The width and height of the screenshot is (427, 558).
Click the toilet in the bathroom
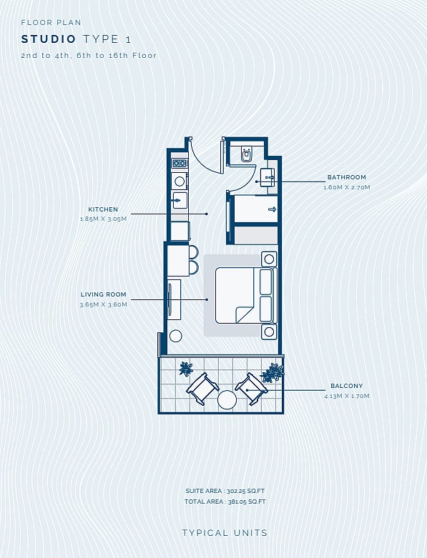(x=246, y=153)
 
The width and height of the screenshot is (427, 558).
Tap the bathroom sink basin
(x=268, y=177)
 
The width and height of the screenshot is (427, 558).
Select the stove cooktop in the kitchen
(x=180, y=164)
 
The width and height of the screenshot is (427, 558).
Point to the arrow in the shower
(x=272, y=209)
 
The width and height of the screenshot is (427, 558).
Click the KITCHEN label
(x=103, y=209)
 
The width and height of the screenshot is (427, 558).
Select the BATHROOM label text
(x=346, y=177)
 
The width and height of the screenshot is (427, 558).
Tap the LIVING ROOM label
(x=103, y=294)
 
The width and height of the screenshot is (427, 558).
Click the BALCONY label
(x=346, y=386)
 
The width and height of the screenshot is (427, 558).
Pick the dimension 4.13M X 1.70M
(x=346, y=396)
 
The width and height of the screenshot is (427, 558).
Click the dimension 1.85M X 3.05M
(x=103, y=219)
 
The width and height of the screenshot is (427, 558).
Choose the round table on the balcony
(x=227, y=399)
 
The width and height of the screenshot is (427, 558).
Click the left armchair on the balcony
(x=202, y=388)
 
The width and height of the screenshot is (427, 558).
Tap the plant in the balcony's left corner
(x=186, y=369)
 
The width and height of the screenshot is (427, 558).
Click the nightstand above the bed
(x=269, y=259)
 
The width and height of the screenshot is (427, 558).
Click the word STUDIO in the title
(x=49, y=39)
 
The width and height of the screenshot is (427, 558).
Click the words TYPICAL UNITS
(x=225, y=533)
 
